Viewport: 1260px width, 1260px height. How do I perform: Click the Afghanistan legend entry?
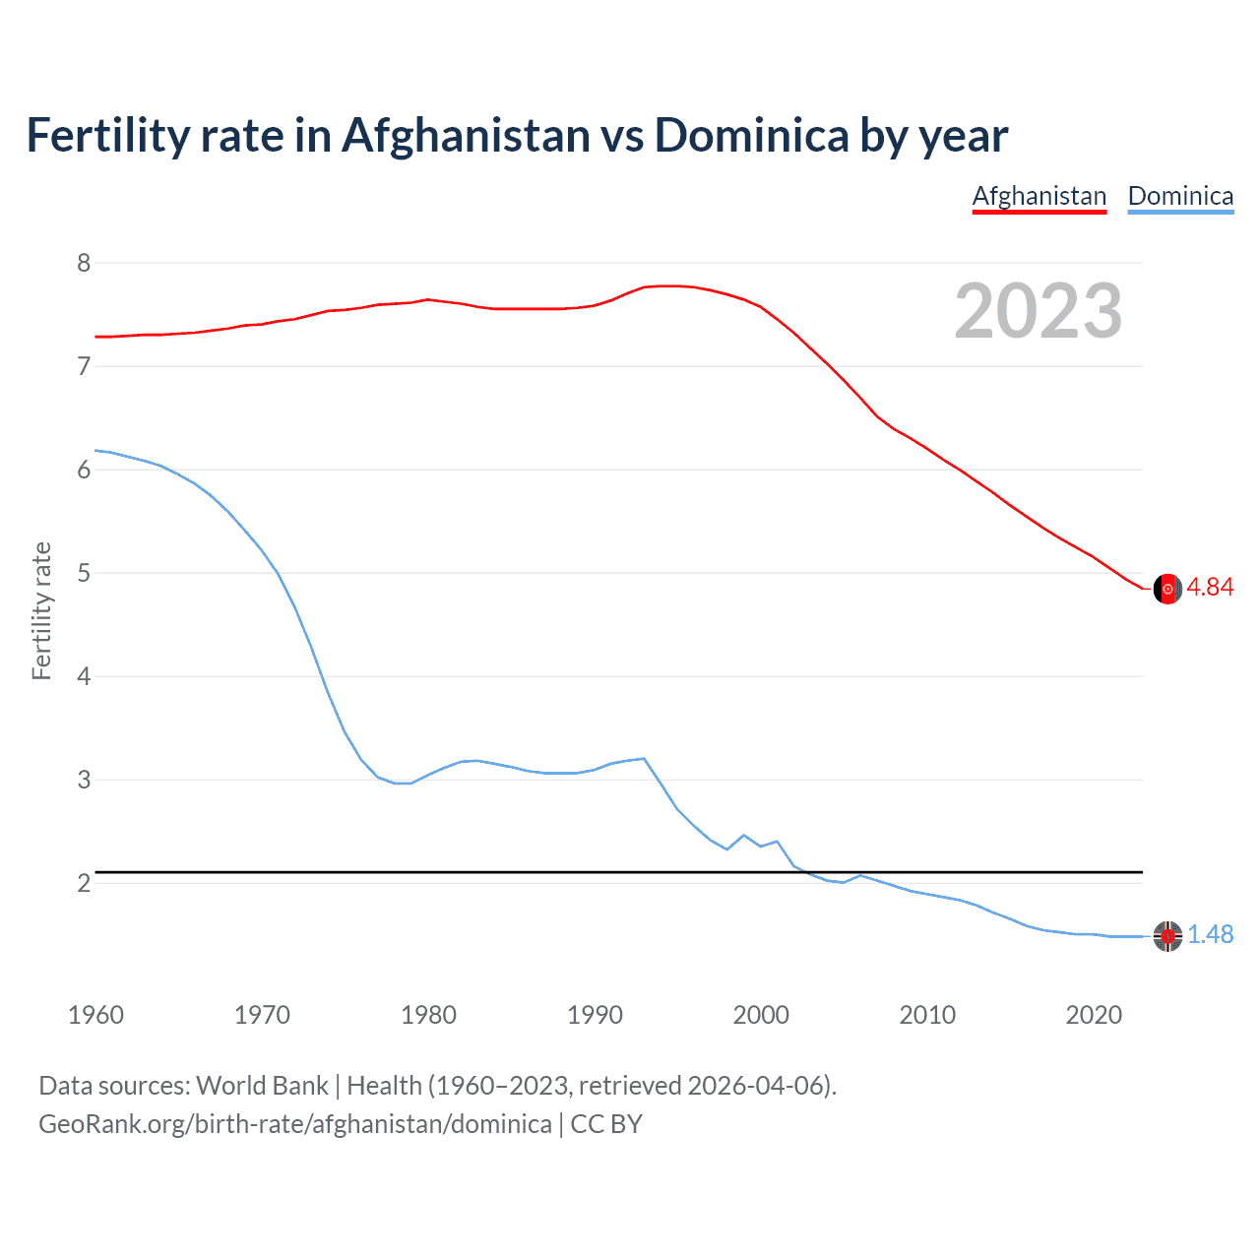(x=1039, y=197)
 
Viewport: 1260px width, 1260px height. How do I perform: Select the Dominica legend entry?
(x=1180, y=197)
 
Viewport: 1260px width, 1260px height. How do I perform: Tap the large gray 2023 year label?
(x=1039, y=311)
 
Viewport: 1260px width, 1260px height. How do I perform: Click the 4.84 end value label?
(x=1210, y=588)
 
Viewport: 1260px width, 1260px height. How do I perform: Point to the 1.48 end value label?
(x=1210, y=935)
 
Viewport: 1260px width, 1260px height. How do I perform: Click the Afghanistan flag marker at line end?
(x=1167, y=589)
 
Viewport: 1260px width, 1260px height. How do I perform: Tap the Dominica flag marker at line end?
(x=1167, y=936)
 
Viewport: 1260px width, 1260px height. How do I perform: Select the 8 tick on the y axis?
(x=84, y=263)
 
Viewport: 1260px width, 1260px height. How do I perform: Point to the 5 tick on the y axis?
(x=84, y=573)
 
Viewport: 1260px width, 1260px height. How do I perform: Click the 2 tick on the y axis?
(x=84, y=883)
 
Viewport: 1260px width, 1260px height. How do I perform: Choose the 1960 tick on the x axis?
(x=95, y=1015)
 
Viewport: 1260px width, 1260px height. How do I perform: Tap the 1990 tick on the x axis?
(x=595, y=1015)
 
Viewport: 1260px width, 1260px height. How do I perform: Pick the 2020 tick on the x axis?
(x=1094, y=1015)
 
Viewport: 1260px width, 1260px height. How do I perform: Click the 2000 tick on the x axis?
(x=761, y=1015)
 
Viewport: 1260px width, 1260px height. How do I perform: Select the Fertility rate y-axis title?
(x=41, y=610)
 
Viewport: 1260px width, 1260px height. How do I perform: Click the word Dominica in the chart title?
(x=751, y=136)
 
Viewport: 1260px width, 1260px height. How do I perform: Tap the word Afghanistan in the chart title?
(x=466, y=136)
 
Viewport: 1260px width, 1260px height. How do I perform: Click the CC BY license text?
(x=606, y=1124)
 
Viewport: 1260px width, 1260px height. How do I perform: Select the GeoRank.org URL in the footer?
(x=295, y=1124)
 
